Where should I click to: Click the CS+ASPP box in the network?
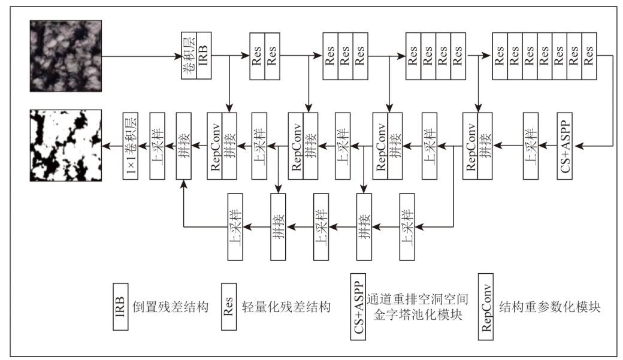[565, 144]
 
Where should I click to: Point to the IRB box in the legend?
[121, 308]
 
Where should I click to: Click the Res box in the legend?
[229, 308]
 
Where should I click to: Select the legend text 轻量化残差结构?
[285, 308]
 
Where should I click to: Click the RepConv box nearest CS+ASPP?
[470, 144]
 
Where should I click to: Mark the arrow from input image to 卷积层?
[141, 56]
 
